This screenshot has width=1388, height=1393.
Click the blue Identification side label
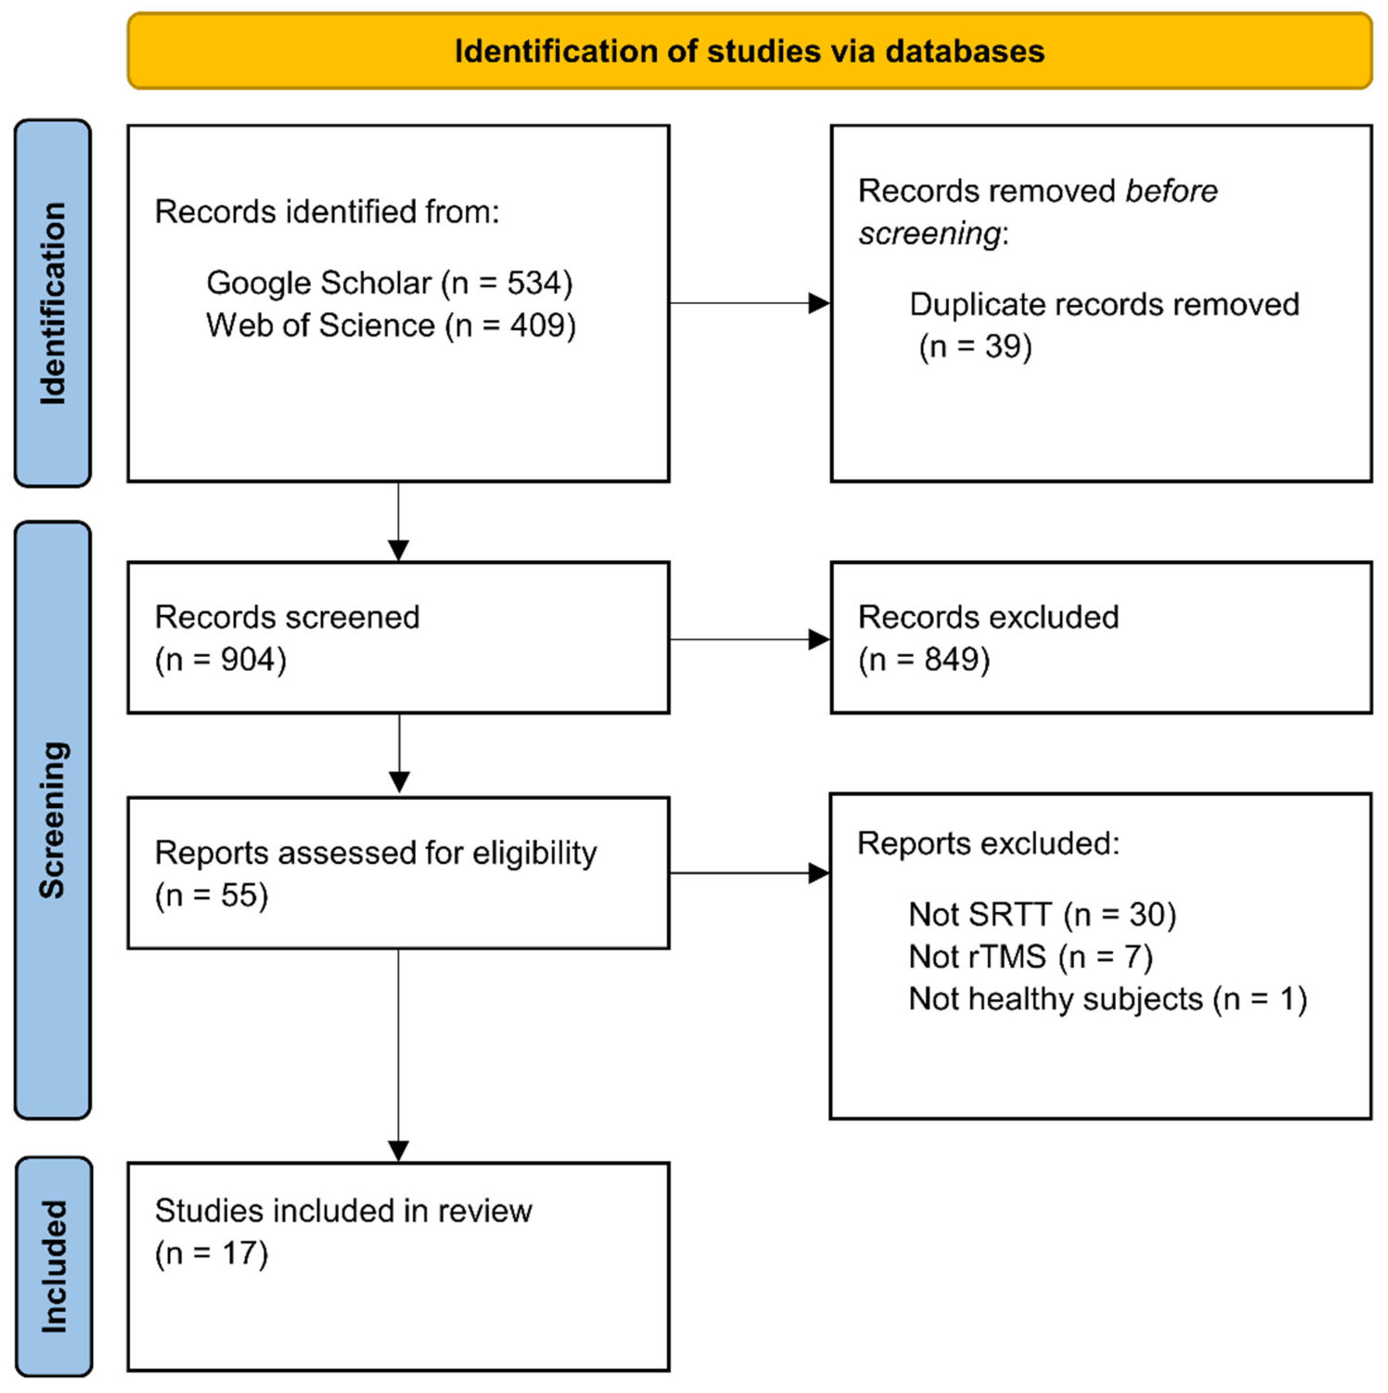[53, 303]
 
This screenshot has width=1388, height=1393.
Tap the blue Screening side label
[53, 820]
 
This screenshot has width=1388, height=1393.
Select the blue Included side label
[54, 1266]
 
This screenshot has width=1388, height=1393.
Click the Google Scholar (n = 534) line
[389, 283]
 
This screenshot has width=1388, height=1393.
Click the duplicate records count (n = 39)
[975, 347]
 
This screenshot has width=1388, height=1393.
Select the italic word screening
[929, 234]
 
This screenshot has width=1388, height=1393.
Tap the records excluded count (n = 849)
[924, 660]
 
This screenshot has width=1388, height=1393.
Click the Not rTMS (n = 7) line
[1030, 957]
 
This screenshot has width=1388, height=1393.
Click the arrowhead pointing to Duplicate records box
[819, 304]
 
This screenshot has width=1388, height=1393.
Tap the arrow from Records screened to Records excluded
[750, 640]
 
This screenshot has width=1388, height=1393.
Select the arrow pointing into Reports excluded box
[819, 874]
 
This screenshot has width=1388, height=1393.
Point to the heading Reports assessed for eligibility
[375, 853]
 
